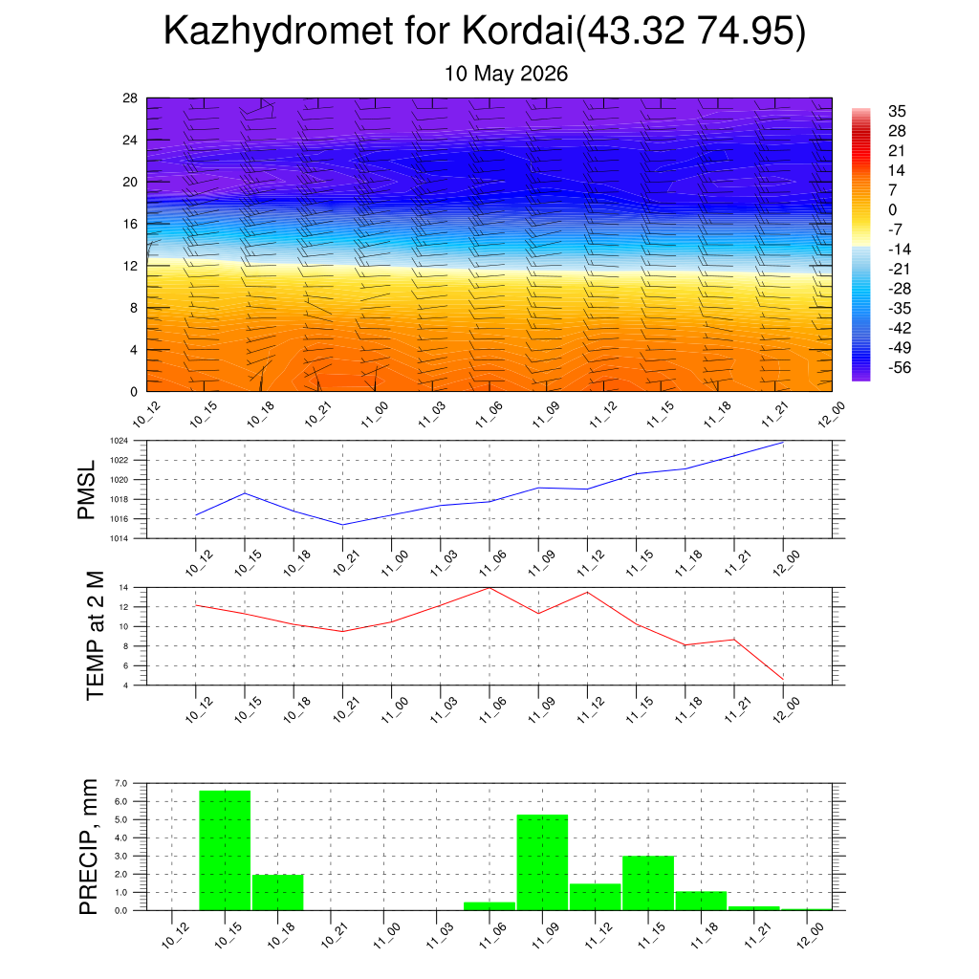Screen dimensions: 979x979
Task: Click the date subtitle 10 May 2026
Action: point(506,74)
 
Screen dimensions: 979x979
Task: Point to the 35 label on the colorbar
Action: point(897,111)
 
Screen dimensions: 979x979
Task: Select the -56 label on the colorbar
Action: point(900,367)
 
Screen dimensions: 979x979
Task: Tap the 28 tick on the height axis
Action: point(130,98)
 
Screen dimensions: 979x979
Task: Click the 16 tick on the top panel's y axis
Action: point(130,224)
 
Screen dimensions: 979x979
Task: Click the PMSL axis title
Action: point(86,489)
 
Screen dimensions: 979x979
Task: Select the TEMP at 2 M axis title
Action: point(95,636)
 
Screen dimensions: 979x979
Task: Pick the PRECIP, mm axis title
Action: point(89,847)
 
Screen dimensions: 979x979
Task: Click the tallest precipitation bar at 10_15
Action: point(225,850)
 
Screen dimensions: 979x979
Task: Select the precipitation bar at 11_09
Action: point(543,862)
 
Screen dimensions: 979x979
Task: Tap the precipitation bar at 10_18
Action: point(278,892)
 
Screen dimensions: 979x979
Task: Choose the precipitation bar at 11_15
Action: point(648,882)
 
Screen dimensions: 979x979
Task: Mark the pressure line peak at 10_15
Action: point(245,493)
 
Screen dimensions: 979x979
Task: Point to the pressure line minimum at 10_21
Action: point(343,525)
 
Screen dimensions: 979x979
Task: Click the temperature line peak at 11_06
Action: point(489,588)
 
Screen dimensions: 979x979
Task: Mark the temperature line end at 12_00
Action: point(783,679)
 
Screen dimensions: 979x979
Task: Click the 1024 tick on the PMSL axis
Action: point(120,441)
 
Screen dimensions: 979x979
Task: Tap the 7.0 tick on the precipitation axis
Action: point(121,783)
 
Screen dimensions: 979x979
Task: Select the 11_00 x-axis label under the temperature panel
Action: point(395,710)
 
